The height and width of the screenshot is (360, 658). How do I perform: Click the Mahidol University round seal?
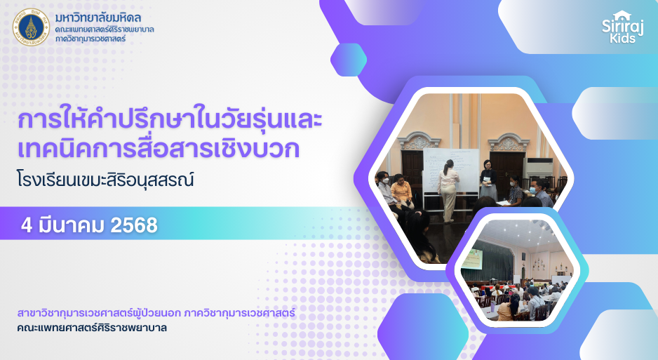click(31, 27)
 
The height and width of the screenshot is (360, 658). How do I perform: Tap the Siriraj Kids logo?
click(622, 27)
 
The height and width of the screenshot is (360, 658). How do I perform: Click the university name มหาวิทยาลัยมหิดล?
click(98, 18)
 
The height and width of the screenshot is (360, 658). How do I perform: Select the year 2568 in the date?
click(134, 225)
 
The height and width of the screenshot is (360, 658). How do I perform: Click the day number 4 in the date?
click(27, 225)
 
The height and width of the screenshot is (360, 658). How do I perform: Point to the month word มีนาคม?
click(71, 225)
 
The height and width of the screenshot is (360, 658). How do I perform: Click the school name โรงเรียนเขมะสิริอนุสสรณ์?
click(105, 180)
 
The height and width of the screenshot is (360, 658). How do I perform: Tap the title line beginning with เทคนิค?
click(159, 149)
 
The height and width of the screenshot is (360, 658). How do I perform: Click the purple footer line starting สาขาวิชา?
click(156, 313)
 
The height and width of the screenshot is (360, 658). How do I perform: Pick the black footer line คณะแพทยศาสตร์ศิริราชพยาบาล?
click(92, 328)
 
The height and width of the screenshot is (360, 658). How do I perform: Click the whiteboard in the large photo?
click(450, 171)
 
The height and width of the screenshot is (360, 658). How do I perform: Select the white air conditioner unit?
click(539, 168)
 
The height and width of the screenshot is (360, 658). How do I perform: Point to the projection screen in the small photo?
click(473, 259)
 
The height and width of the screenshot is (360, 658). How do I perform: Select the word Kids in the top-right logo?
click(623, 38)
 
